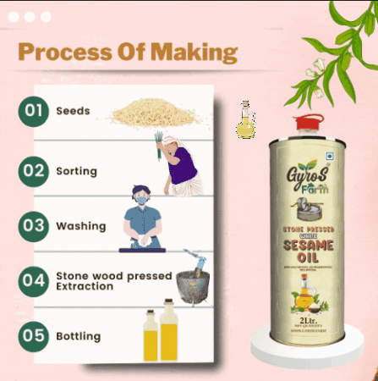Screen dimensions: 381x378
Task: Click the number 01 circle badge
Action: coord(35,111)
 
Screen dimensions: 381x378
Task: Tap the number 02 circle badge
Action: coord(35,170)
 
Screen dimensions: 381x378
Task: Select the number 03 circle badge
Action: coord(35,226)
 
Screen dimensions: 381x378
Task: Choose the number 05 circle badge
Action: coord(35,335)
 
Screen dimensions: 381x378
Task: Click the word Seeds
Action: coord(73,111)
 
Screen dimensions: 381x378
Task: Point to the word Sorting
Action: coord(76,171)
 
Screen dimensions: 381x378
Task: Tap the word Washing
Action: coord(80,227)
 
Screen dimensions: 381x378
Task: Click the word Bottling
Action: coord(79,336)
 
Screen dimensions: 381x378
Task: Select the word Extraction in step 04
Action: coord(85,287)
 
